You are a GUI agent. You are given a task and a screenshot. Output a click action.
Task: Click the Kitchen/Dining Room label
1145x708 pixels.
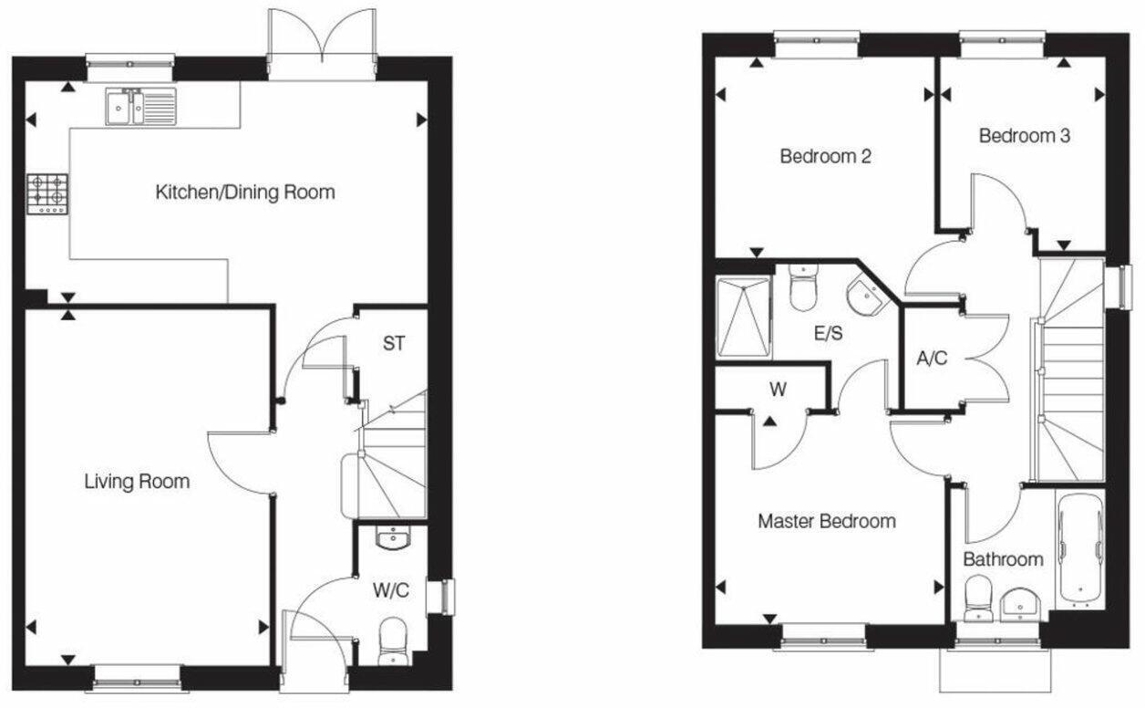click(245, 193)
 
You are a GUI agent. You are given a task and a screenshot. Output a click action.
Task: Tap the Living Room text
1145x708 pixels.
click(137, 481)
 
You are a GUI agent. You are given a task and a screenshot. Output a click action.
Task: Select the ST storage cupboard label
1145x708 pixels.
click(393, 344)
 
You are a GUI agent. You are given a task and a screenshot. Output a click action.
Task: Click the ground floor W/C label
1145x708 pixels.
click(390, 590)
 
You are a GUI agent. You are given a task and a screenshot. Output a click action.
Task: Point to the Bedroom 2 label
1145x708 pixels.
click(825, 156)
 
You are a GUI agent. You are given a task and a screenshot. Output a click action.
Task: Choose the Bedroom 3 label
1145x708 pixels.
click(1024, 136)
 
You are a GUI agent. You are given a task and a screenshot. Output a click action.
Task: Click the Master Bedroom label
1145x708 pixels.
click(826, 521)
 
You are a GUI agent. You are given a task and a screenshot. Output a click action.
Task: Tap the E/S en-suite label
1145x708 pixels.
click(828, 333)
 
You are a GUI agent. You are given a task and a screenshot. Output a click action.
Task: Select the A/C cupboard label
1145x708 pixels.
click(932, 359)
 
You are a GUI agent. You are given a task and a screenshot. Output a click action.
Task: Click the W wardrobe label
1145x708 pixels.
click(778, 390)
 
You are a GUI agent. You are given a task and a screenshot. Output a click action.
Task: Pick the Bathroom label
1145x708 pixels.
click(1003, 559)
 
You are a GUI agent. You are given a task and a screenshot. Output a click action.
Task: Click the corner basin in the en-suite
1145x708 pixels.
click(861, 294)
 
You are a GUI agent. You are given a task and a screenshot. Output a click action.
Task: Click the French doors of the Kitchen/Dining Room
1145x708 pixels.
click(321, 43)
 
